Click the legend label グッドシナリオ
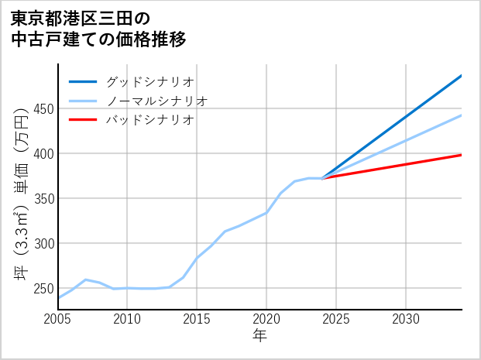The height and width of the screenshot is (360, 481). [149, 81]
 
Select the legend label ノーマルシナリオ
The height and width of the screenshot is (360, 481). [156, 101]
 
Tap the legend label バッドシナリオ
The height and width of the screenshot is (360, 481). [149, 120]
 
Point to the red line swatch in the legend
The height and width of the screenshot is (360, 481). [84, 120]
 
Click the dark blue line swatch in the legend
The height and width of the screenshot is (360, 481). [84, 81]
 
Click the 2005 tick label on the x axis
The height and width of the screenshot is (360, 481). [58, 319]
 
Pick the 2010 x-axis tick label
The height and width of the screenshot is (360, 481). [128, 319]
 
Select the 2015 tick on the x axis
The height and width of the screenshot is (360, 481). [198, 319]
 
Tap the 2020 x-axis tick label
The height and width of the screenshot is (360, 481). [266, 319]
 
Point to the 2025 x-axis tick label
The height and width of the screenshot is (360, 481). [336, 319]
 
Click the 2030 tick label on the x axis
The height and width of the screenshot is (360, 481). [406, 319]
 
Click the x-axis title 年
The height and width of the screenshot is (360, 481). [259, 337]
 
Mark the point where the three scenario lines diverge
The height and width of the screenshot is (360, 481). [322, 178]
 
